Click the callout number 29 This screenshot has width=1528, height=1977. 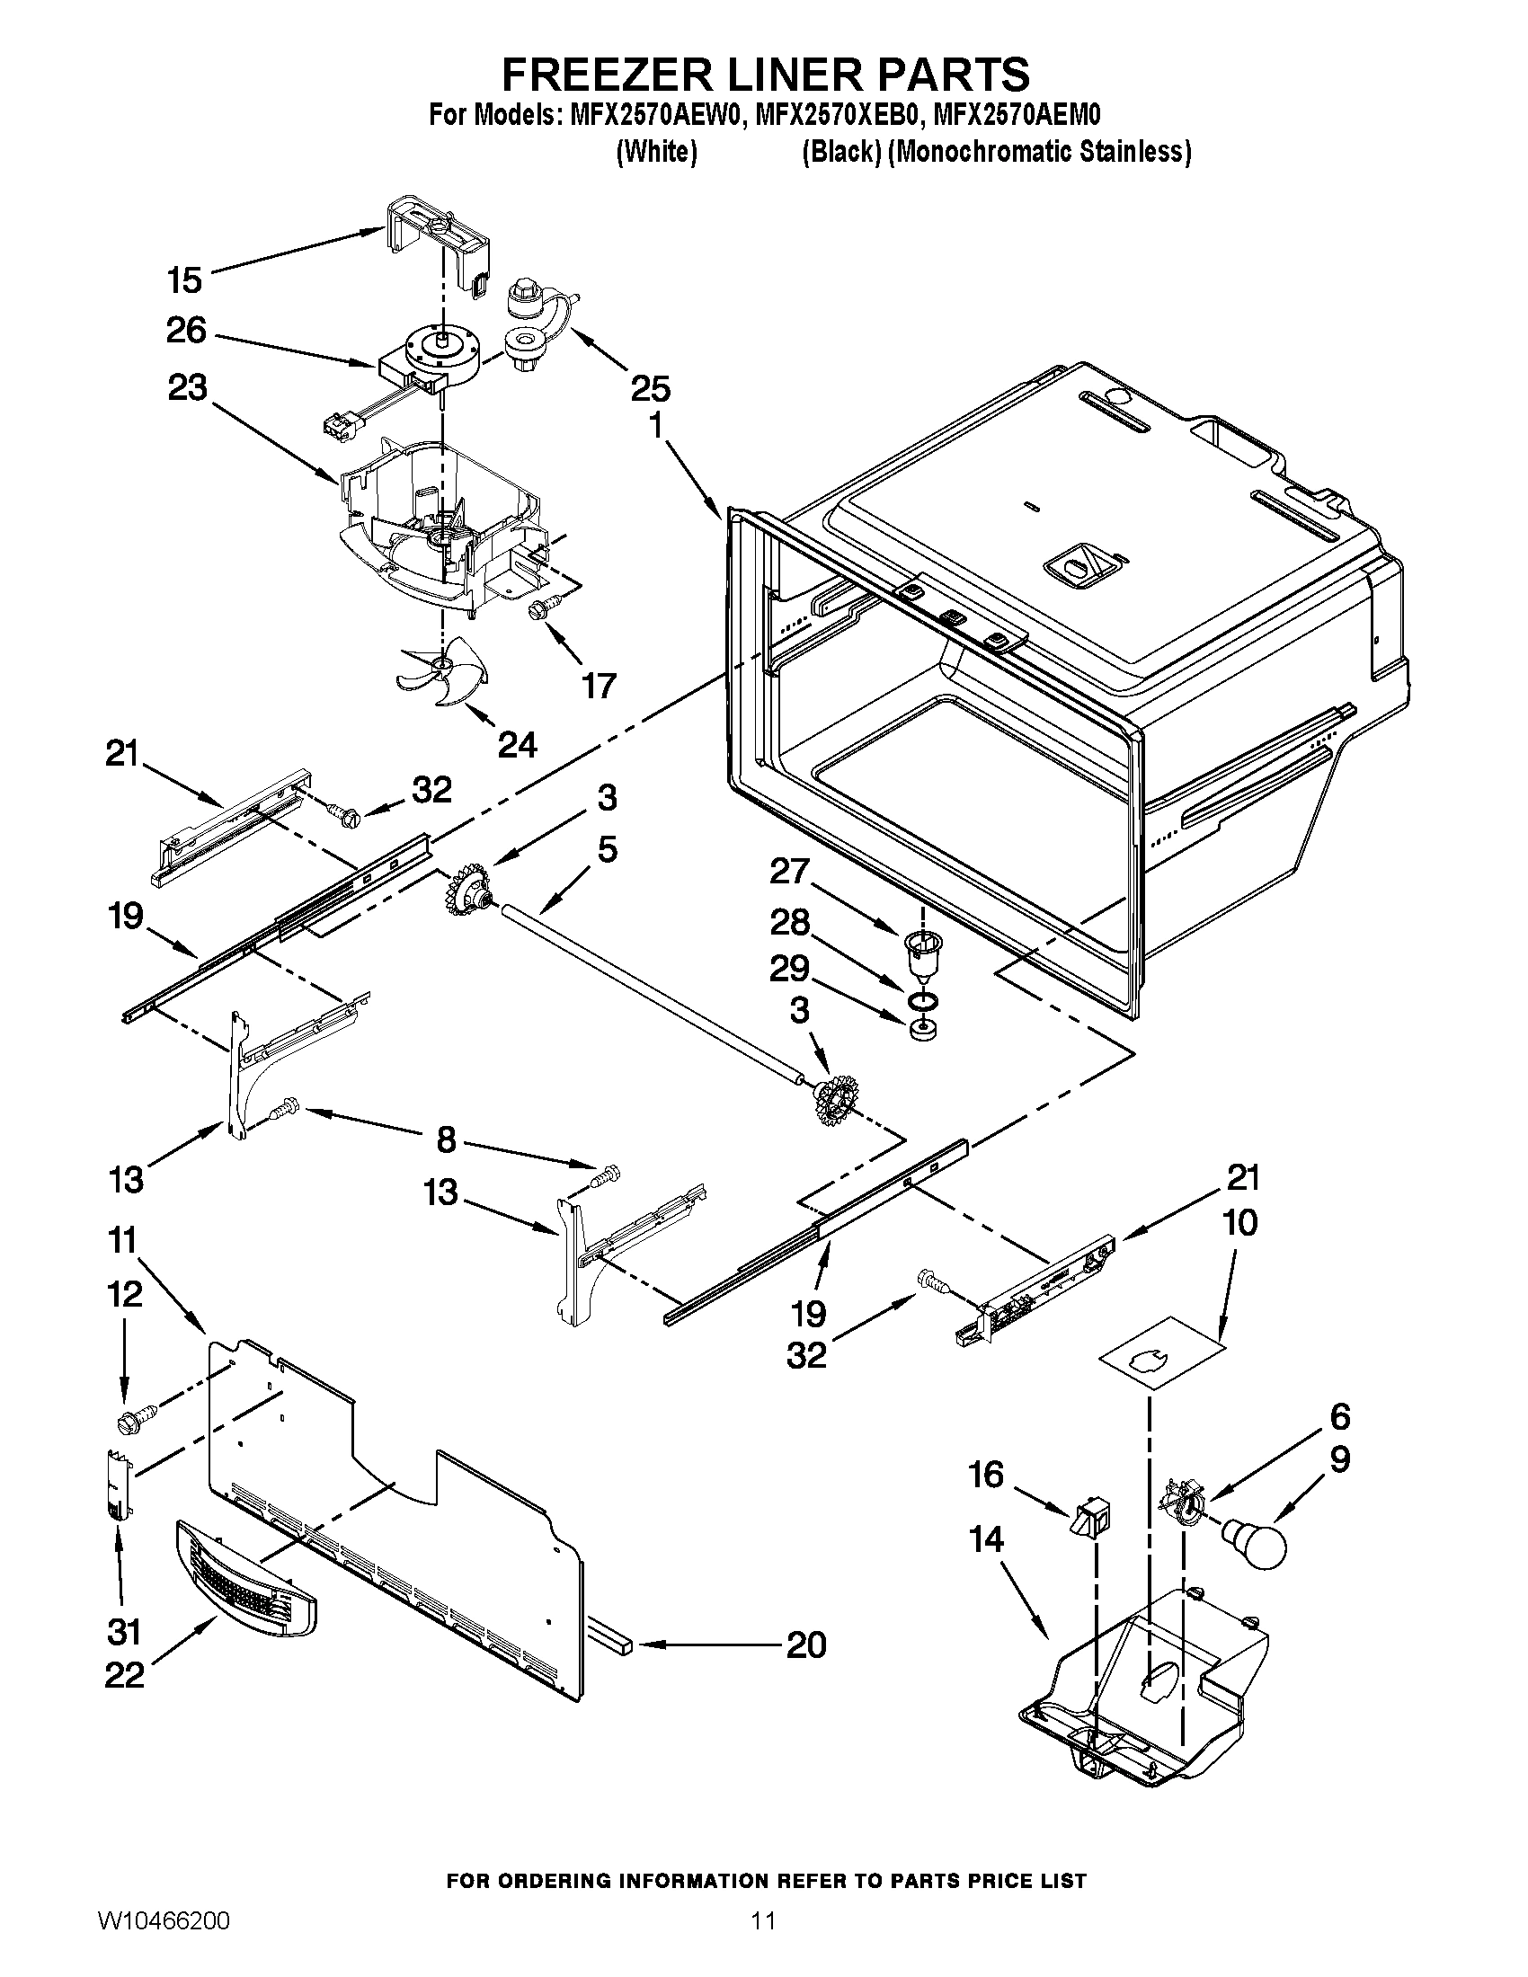click(x=788, y=969)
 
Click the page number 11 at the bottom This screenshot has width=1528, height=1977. click(x=763, y=1939)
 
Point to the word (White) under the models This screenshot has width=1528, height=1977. click(x=656, y=152)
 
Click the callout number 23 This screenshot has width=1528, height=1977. click(x=186, y=388)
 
